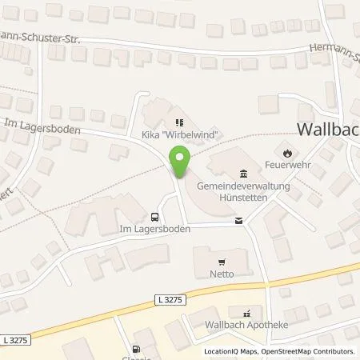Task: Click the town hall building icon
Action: pyautogui.click(x=244, y=174)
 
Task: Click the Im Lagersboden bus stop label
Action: pyautogui.click(x=153, y=230)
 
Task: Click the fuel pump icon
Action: pyautogui.click(x=134, y=348)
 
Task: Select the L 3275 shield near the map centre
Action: pyautogui.click(x=164, y=298)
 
